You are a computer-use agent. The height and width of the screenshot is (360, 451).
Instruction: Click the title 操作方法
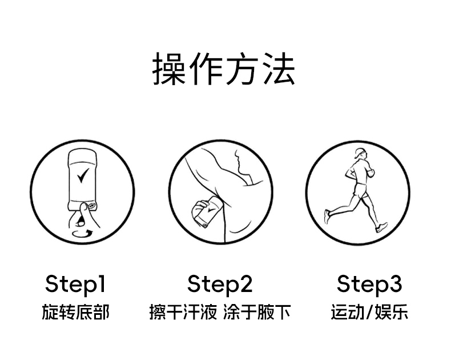[x=223, y=69]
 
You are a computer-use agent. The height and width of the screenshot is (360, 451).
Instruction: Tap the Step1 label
[x=75, y=285]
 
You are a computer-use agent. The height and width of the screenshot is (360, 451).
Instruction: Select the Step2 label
[x=220, y=285]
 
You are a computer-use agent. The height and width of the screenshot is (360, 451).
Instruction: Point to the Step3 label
[x=369, y=285]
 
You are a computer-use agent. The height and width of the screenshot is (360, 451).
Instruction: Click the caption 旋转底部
[x=76, y=312]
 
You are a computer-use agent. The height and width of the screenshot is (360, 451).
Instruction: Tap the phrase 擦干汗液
[x=183, y=312]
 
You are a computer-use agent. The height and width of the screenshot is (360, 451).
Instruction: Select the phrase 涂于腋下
[x=256, y=312]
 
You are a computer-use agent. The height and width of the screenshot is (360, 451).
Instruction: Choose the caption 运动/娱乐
[x=369, y=312]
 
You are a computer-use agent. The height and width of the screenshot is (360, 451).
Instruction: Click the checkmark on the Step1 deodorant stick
[x=83, y=175]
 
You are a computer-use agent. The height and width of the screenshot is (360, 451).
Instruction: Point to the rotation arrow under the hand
[x=82, y=233]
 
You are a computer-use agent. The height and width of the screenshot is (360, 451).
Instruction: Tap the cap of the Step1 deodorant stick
[x=83, y=156]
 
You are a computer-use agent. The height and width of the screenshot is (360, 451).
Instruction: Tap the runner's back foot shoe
[x=327, y=217]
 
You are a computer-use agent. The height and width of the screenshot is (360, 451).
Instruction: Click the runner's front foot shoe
[x=381, y=227]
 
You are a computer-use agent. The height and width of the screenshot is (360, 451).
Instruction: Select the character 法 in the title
[x=279, y=69]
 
